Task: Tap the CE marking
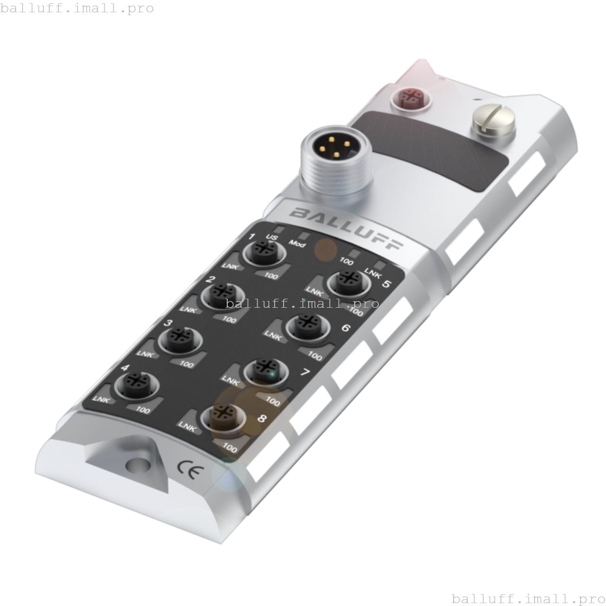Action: pyautogui.click(x=190, y=470)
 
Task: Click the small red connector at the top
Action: pyautogui.click(x=410, y=98)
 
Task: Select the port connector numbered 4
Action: pyautogui.click(x=135, y=382)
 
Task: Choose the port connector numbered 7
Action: pyautogui.click(x=266, y=370)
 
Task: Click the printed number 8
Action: pyautogui.click(x=262, y=419)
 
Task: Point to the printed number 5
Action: pyautogui.click(x=386, y=284)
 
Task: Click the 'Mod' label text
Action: pyautogui.click(x=297, y=244)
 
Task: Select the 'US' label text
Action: pyautogui.click(x=272, y=237)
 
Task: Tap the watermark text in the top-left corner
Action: pyautogui.click(x=77, y=8)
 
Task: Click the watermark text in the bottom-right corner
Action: pyautogui.click(x=528, y=598)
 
